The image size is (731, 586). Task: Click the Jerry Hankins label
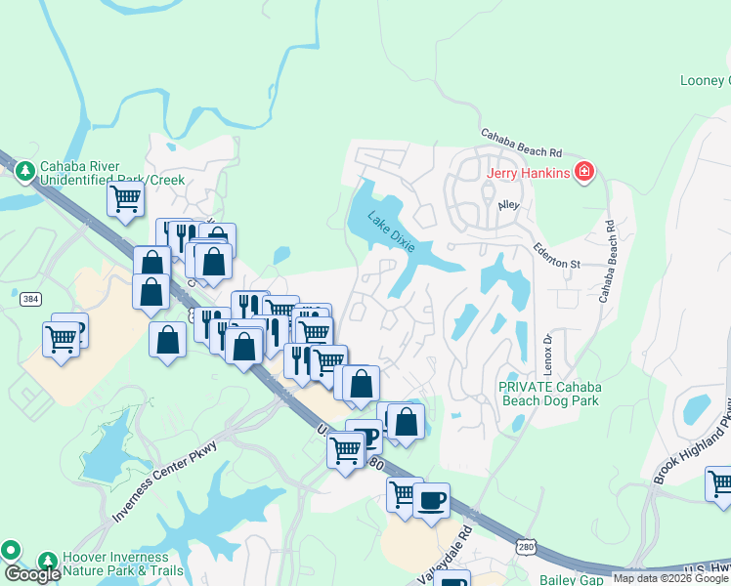point(529,173)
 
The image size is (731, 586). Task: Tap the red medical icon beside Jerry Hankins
point(584,173)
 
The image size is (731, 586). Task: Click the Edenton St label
point(556,263)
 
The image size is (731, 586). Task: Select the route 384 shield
point(30,299)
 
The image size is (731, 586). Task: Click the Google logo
point(32,573)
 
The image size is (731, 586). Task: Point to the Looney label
point(705,80)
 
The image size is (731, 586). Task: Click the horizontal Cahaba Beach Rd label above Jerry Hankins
point(521,144)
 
